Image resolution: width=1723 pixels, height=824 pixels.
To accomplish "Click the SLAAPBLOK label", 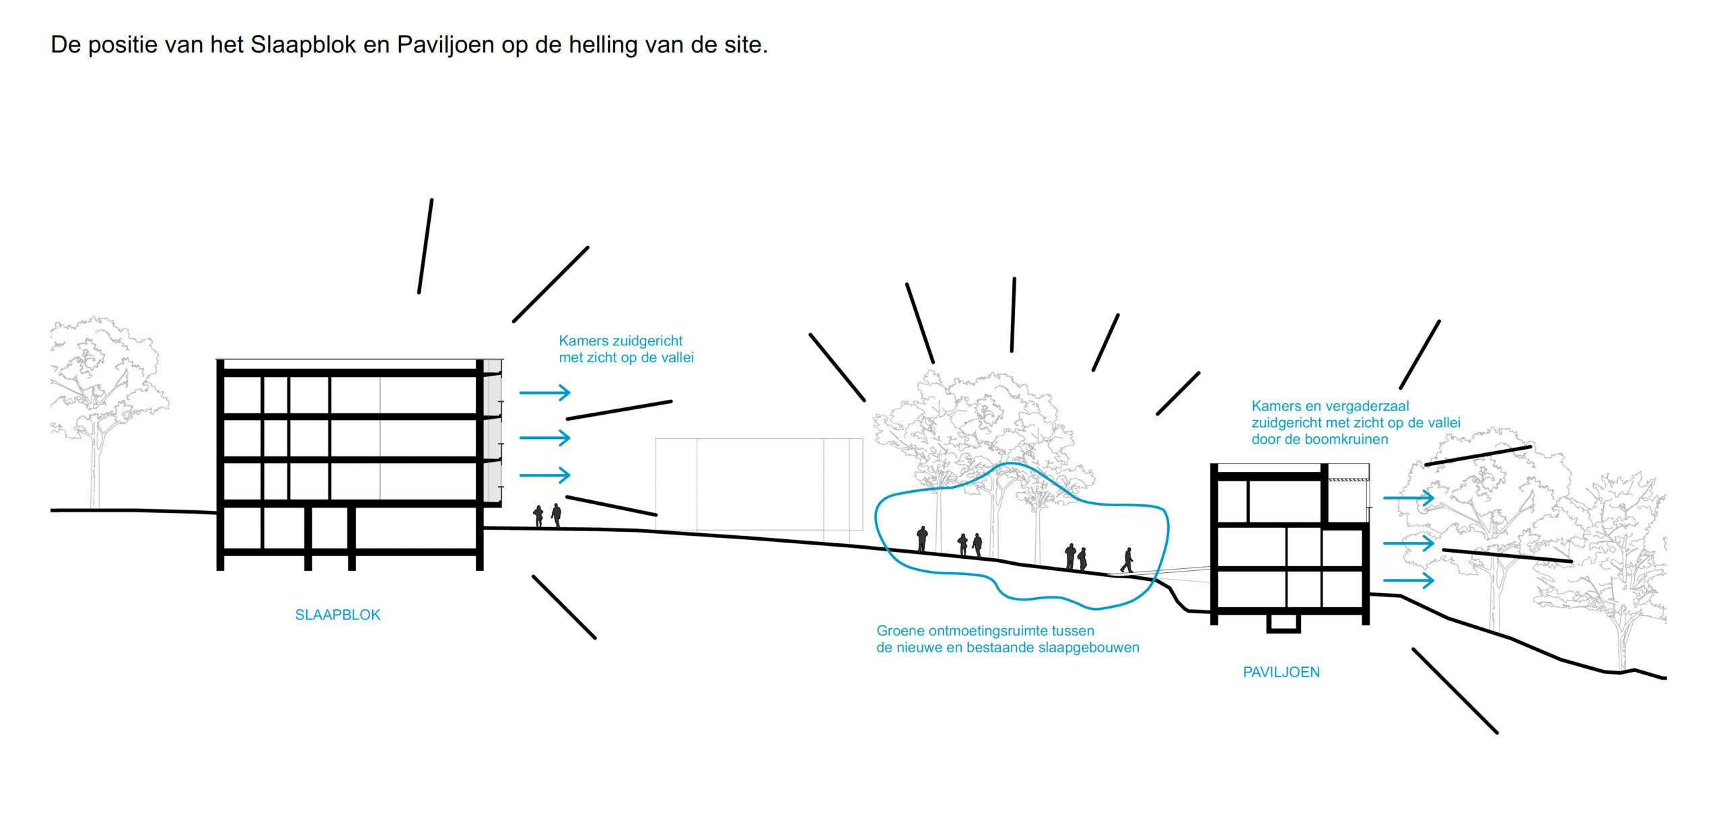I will point(337,615).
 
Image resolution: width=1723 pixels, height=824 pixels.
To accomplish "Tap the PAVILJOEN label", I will point(1281,672).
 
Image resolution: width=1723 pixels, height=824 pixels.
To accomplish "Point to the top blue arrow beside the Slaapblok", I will point(544,392).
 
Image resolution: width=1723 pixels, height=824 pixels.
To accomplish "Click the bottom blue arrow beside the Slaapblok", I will point(544,475).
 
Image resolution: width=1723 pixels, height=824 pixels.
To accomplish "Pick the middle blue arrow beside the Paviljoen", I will point(1408,543).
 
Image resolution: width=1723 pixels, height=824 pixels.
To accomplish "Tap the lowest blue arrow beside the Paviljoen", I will point(1408,580).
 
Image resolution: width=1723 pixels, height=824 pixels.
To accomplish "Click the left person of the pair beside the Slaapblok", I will point(538,516).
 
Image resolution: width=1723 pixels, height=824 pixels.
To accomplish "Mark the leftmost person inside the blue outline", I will point(922,539).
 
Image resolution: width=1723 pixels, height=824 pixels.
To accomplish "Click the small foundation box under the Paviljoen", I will point(1283,623).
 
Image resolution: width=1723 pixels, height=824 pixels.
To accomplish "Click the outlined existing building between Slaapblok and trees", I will point(759,485).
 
